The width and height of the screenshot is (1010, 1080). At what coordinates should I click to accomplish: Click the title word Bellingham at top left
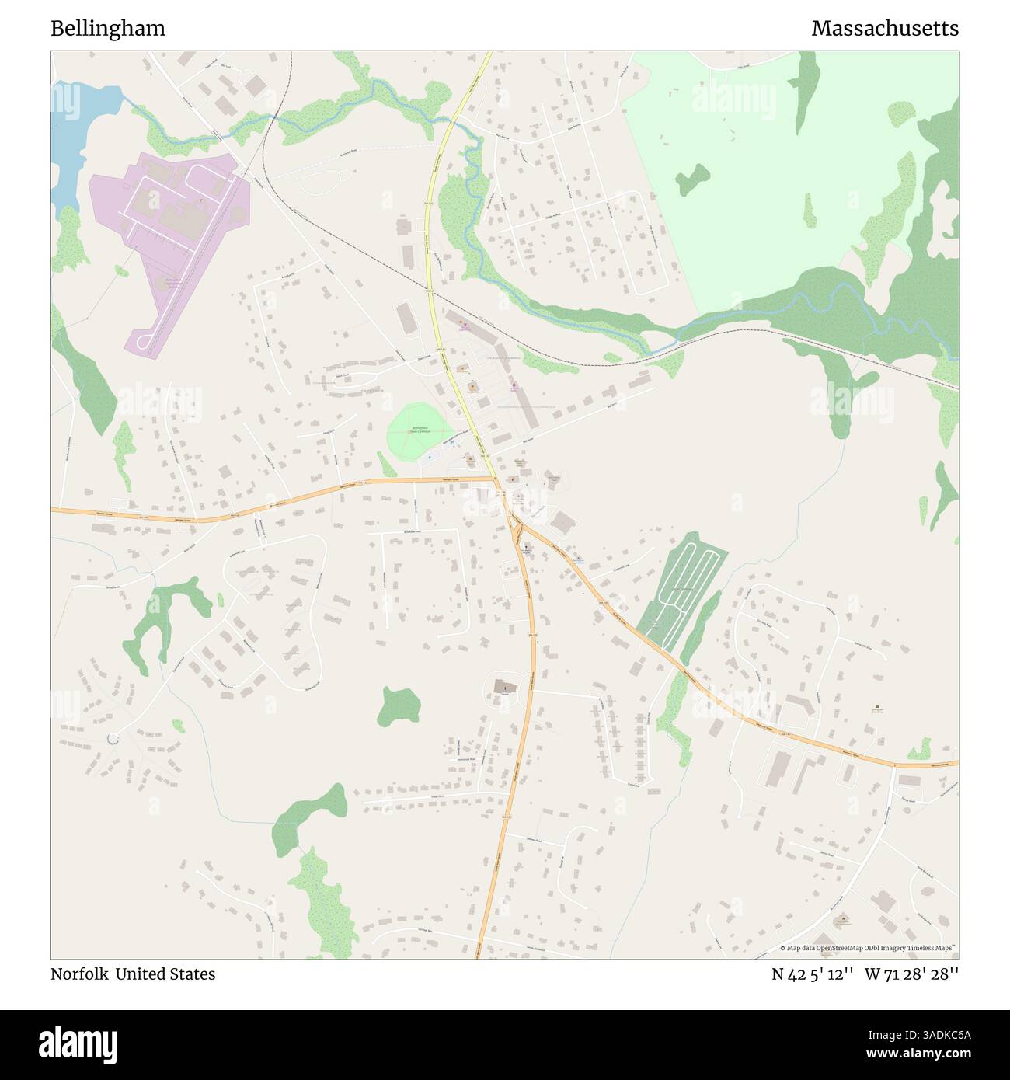click(108, 29)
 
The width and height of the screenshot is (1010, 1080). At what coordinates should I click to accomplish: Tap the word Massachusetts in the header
click(885, 29)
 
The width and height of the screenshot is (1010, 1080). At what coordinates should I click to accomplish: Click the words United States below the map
click(165, 974)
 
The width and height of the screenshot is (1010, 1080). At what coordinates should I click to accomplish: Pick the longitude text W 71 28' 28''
click(914, 974)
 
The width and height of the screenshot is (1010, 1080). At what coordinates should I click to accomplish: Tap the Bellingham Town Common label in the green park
click(420, 429)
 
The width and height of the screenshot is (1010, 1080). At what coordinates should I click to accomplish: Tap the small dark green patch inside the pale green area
click(691, 179)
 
